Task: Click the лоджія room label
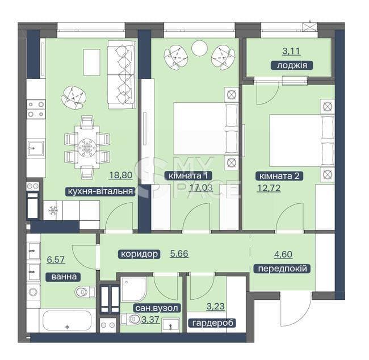pyautogui.click(x=292, y=65)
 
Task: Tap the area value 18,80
pyautogui.click(x=121, y=175)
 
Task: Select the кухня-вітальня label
pyautogui.click(x=100, y=191)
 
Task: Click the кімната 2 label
pyautogui.click(x=279, y=176)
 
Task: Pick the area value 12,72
pyautogui.click(x=269, y=188)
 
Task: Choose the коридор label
pyautogui.click(x=139, y=254)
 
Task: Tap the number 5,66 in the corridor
pyautogui.click(x=179, y=254)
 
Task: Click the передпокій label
pyautogui.click(x=282, y=269)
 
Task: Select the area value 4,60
pyautogui.click(x=283, y=254)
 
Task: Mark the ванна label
pyautogui.click(x=64, y=277)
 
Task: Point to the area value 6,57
pyautogui.click(x=56, y=259)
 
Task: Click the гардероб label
pyautogui.click(x=212, y=323)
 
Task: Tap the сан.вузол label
pyautogui.click(x=157, y=308)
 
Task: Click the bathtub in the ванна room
pyautogui.click(x=67, y=320)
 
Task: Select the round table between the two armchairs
pyautogui.click(x=199, y=48)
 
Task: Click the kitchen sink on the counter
pyautogui.click(x=36, y=148)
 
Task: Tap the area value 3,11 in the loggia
pyautogui.click(x=291, y=51)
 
